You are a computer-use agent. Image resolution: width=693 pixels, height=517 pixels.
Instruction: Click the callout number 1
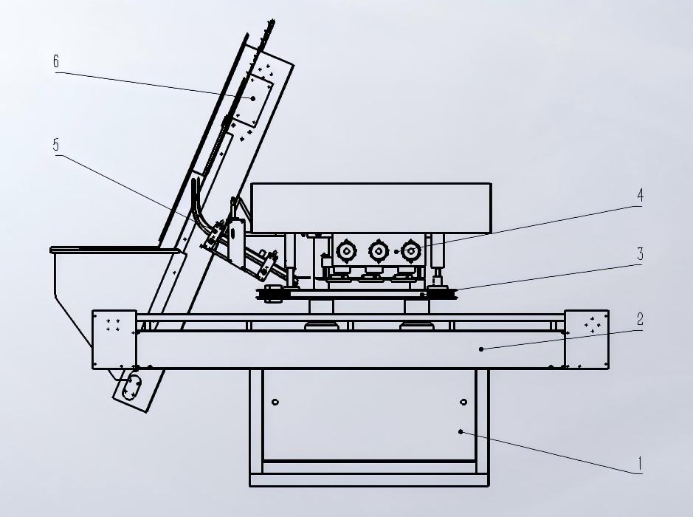pos(639,464)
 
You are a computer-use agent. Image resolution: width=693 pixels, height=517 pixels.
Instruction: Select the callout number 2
pos(640,319)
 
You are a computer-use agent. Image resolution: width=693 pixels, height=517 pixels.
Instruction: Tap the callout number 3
pos(640,254)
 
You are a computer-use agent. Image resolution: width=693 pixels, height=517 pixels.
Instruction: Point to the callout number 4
pos(640,195)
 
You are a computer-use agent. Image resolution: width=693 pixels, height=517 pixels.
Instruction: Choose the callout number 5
pos(55,145)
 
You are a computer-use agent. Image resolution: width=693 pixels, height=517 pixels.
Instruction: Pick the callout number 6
pos(55,61)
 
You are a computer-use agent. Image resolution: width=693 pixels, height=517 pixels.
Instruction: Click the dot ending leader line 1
pos(461,431)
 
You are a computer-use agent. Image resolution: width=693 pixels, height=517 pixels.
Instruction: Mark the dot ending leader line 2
pos(481,349)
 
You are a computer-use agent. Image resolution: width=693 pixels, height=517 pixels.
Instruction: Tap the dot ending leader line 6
pos(253,99)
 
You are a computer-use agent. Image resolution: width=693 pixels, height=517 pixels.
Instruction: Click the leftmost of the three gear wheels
pos(345,251)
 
